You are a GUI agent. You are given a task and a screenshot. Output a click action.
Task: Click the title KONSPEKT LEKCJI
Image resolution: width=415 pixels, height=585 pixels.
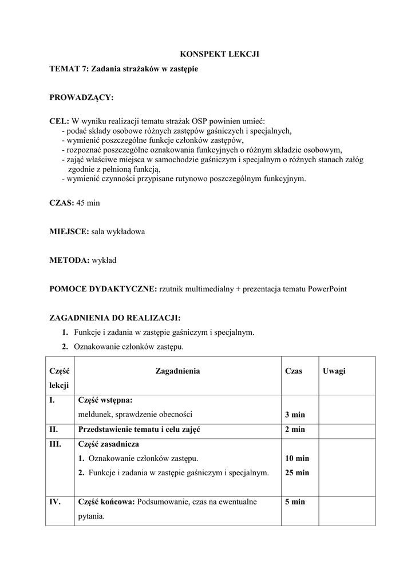tap(220, 54)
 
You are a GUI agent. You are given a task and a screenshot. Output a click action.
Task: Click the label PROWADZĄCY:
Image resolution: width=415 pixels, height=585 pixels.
tap(81, 98)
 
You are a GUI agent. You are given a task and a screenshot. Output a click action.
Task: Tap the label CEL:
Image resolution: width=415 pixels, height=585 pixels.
tap(59, 122)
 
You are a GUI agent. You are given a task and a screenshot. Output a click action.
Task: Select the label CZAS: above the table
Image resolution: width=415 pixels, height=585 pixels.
tap(62, 203)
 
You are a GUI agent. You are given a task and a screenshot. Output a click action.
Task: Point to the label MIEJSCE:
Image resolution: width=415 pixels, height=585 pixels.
tap(69, 231)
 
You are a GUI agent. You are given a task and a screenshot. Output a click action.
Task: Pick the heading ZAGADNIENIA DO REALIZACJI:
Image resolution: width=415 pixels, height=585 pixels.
tap(114, 318)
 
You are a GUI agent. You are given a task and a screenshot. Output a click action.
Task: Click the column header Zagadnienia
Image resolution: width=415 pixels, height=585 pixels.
tap(177, 371)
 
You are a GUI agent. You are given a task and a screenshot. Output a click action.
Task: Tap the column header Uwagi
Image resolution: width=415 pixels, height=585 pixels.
tap(334, 371)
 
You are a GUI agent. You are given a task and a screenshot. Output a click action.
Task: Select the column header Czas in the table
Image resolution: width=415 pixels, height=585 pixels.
tap(293, 371)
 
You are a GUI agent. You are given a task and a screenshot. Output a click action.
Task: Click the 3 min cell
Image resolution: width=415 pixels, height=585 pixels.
tap(295, 415)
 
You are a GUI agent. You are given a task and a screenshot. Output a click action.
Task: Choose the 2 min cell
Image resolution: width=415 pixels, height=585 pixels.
tap(295, 430)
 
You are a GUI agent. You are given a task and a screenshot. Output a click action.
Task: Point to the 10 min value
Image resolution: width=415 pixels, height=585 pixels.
tap(297, 458)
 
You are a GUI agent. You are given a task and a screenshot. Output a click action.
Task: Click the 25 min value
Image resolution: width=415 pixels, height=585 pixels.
tap(297, 472)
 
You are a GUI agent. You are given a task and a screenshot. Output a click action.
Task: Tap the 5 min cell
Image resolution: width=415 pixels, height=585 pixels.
tap(295, 502)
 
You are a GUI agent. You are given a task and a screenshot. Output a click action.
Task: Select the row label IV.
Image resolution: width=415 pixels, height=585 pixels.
tap(56, 502)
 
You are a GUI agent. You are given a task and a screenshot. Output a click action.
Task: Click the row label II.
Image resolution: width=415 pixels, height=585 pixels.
tap(54, 430)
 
